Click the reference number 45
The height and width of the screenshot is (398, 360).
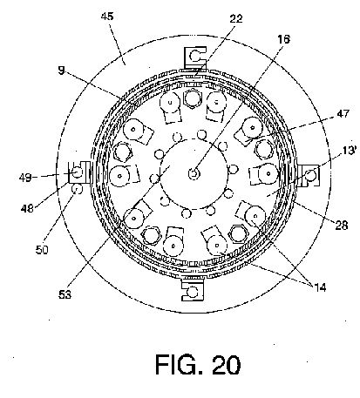(107, 17)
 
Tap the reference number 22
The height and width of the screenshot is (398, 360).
(236, 18)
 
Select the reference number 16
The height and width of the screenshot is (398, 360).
(283, 39)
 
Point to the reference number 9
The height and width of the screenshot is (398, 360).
(61, 71)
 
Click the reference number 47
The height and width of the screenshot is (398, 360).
(343, 113)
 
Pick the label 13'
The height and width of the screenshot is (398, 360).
(350, 151)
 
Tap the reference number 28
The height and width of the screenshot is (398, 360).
(342, 225)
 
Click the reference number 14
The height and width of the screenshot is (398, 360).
(320, 287)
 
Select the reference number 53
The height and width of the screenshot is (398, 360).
(65, 294)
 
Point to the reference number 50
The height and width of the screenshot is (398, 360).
(42, 250)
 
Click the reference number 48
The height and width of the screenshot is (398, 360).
(27, 208)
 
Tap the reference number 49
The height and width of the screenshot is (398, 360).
(25, 178)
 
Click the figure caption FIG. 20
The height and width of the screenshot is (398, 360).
(198, 365)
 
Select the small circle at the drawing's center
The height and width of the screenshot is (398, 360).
(194, 173)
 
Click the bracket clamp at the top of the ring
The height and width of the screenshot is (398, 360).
(195, 58)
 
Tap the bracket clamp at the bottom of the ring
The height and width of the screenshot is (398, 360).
(193, 289)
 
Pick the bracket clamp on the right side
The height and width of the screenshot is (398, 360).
(309, 175)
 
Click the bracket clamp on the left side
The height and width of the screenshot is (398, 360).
(79, 172)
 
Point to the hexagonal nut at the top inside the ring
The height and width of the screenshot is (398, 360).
(193, 98)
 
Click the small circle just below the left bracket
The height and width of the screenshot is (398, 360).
(77, 189)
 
